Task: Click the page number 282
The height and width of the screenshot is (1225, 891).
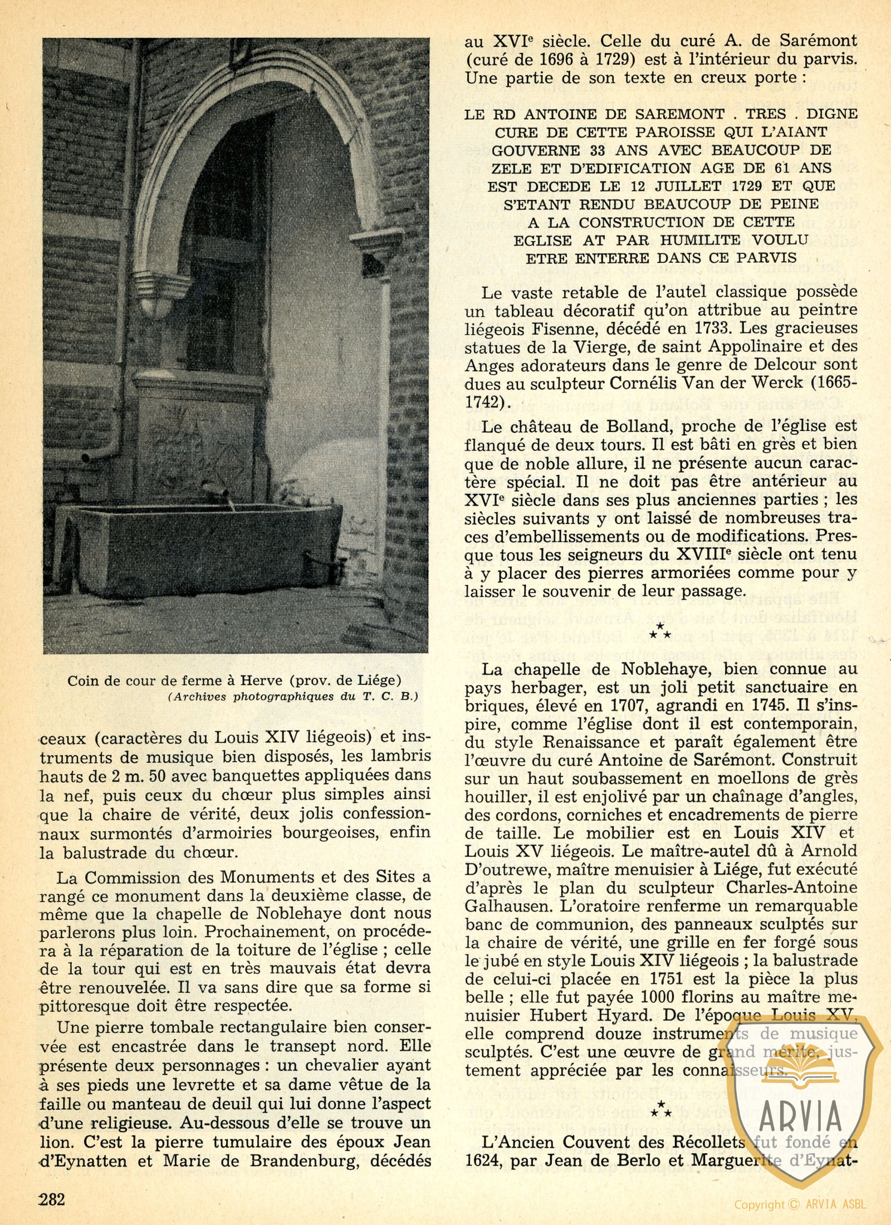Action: [x=52, y=1197]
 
